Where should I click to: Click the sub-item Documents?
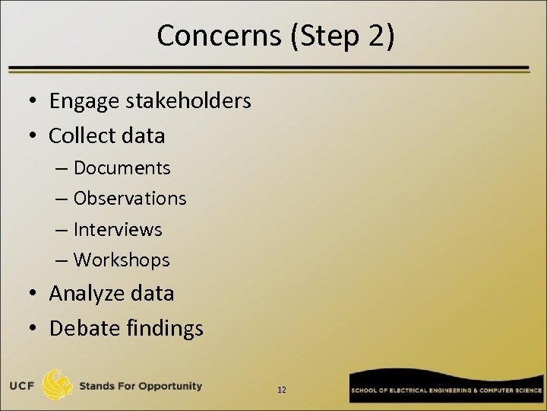[122, 167]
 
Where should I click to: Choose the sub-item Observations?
[130, 198]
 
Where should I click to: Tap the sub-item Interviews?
[118, 229]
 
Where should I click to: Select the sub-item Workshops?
[122, 260]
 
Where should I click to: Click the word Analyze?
[88, 293]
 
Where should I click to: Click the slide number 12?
[282, 390]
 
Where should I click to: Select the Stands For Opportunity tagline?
[141, 386]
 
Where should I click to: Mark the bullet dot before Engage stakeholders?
[35, 101]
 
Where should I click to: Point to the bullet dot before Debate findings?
[35, 329]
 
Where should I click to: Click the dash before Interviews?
[62, 230]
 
